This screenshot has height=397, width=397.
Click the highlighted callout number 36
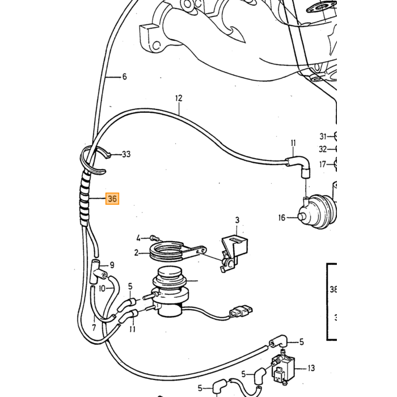[x=112, y=198]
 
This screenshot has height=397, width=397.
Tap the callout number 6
[x=124, y=77]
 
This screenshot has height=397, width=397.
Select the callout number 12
[x=179, y=98]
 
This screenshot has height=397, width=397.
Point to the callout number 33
[x=126, y=154]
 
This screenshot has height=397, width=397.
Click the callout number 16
[x=281, y=218]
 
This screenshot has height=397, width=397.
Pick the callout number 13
[x=311, y=368]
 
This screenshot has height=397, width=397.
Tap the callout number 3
[x=237, y=220]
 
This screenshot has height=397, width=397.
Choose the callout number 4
[x=138, y=238]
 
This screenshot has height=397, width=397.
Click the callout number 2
[x=137, y=253]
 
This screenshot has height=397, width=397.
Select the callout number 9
[x=112, y=265]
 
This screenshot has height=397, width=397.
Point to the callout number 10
[x=102, y=288]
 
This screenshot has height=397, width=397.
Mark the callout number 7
[x=94, y=328]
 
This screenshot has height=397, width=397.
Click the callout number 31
[x=323, y=137]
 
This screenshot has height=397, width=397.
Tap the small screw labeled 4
[x=154, y=238]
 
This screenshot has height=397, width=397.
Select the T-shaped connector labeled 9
[x=97, y=272]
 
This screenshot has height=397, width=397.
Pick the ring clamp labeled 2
[x=168, y=251]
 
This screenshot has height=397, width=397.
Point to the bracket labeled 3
[x=234, y=252]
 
